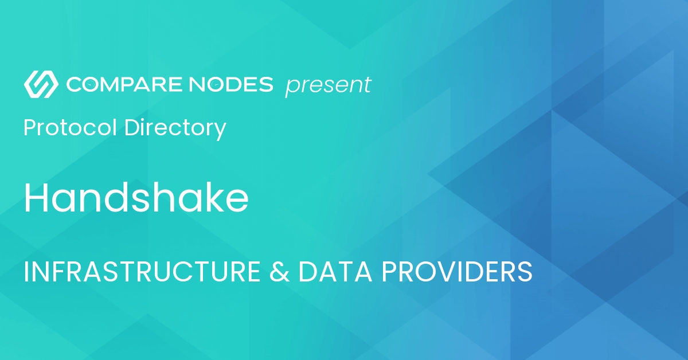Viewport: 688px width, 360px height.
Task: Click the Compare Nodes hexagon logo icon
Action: [x=40, y=84]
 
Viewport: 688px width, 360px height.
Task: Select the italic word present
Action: [x=328, y=86]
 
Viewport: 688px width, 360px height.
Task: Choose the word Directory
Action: [x=175, y=128]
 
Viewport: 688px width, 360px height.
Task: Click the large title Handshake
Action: [x=136, y=198]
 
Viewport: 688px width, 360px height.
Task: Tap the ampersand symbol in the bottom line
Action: [x=279, y=272]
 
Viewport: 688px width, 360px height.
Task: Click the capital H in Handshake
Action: [x=34, y=198]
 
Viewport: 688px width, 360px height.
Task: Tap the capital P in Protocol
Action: [x=29, y=127]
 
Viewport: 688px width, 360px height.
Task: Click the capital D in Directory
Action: [x=131, y=127]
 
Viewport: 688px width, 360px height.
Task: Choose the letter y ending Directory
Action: [x=220, y=130]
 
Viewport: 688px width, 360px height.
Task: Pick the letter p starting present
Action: [x=291, y=88]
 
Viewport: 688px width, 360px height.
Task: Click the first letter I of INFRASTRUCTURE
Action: [x=26, y=272]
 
